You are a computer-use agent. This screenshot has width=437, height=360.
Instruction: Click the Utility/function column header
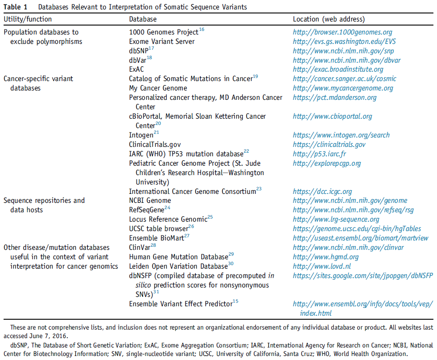pyautogui.click(x=28, y=19)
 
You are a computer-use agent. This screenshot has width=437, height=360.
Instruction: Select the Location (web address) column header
pyautogui.click(x=329, y=19)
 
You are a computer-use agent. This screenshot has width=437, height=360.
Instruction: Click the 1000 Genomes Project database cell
pyautogui.click(x=164, y=32)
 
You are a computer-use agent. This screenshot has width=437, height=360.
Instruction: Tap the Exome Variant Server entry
pyautogui.click(x=162, y=42)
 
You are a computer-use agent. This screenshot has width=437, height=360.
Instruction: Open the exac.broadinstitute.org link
pyautogui.click(x=338, y=69)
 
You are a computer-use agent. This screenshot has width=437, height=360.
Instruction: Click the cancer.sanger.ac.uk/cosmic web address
pyautogui.click(x=344, y=79)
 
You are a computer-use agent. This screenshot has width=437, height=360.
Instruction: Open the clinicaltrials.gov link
pyautogui.click(x=329, y=145)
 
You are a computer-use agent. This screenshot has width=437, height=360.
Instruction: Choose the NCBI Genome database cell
pyautogui.click(x=150, y=201)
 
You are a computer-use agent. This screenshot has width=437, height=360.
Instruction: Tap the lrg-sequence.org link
pyautogui.click(x=336, y=219)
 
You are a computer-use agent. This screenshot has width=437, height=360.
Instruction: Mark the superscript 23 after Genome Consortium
pyautogui.click(x=259, y=189)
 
